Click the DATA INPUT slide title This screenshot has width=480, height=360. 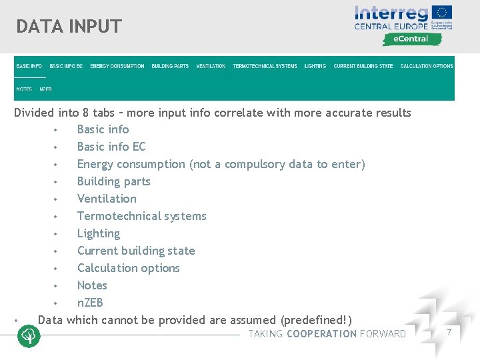coord(69,27)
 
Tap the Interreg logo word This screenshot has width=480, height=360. coord(391,13)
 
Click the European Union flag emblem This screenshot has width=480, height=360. coord(441,13)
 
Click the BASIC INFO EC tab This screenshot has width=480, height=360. coord(66,66)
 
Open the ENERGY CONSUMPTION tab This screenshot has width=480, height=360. coord(117,66)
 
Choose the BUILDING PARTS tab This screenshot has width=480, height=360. coord(170,66)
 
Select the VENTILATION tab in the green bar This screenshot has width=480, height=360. coord(211,66)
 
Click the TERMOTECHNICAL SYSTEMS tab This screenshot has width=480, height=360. coord(265,66)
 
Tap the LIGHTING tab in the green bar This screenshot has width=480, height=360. coord(315,66)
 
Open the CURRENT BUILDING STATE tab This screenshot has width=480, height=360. coord(363,66)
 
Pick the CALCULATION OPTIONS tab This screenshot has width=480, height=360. coord(427,66)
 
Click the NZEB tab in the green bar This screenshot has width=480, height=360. coord(45,89)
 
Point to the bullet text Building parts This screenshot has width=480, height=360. coord(113,181)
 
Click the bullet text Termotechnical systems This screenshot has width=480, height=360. coord(141,216)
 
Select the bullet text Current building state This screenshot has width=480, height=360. coord(136,251)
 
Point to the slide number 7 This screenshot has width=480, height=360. coord(449,332)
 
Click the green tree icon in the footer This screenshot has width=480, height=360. coord(29,336)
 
